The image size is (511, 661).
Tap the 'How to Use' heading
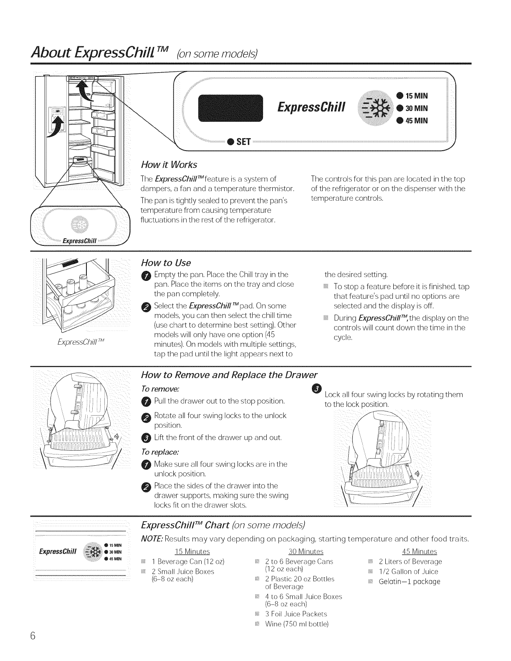coord(166,262)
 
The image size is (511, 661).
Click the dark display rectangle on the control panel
coord(230,108)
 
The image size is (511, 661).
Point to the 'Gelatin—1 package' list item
coord(409,582)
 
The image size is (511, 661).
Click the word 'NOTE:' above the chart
coord(152,539)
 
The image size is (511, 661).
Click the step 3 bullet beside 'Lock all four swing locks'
coord(316,389)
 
